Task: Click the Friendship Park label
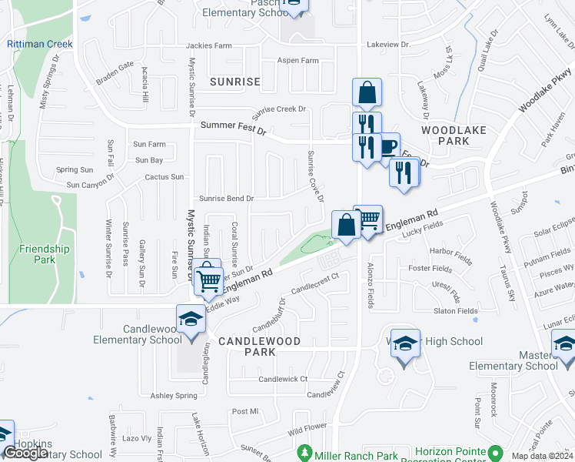tap(44, 254)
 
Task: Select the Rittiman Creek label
tap(40, 44)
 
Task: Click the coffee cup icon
tap(388, 146)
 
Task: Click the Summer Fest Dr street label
tap(233, 128)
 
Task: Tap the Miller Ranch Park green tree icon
tap(306, 451)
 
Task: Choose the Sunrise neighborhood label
tap(234, 82)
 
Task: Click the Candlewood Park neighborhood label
tap(248, 346)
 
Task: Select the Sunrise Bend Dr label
tap(226, 199)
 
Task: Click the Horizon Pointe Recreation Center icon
tap(497, 452)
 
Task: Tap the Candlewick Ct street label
tap(283, 379)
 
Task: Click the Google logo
tap(26, 453)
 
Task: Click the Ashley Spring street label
tap(174, 396)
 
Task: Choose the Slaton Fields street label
tap(455, 310)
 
